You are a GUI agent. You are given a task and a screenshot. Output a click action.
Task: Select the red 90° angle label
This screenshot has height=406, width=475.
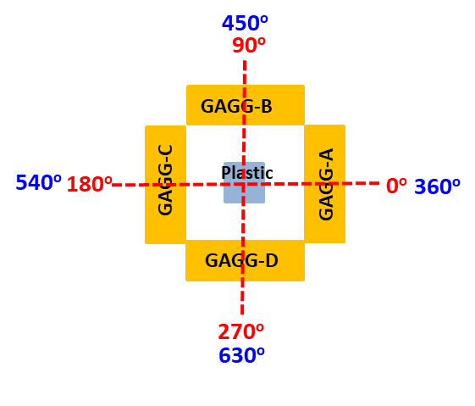point(249,44)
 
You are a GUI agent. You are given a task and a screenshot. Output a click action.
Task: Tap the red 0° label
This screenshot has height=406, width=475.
point(396,186)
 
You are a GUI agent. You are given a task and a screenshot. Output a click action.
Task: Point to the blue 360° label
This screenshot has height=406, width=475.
point(437,186)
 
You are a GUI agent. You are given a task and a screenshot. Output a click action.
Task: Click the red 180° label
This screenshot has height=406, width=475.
point(89,184)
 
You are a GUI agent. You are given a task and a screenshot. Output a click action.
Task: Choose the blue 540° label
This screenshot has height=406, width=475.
point(38,182)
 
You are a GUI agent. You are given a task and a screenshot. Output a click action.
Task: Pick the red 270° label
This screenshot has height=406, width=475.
point(241,331)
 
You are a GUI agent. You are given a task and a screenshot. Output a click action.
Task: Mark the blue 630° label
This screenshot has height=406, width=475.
point(241,355)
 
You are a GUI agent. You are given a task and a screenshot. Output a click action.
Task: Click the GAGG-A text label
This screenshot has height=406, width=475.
point(326,184)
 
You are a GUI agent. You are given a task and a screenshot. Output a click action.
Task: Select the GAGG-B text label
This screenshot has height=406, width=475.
point(236,106)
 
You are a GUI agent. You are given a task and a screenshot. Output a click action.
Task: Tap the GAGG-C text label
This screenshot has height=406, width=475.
point(166,180)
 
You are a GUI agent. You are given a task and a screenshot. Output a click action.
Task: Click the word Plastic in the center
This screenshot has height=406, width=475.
point(247,173)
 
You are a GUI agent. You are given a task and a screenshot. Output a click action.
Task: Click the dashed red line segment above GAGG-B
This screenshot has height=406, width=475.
point(245,71)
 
